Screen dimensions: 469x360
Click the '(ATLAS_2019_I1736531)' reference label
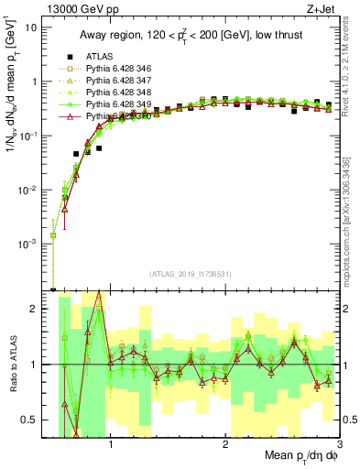point(190,274)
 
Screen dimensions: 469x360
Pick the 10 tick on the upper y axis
point(33,27)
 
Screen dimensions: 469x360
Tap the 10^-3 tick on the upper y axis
point(30,245)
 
